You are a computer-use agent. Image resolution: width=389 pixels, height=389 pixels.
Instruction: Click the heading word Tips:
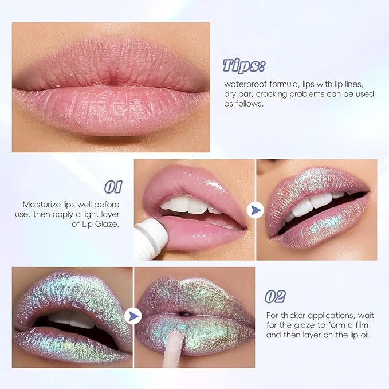point(243,65)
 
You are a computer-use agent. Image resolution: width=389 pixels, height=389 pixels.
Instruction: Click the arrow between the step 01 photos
point(254,210)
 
